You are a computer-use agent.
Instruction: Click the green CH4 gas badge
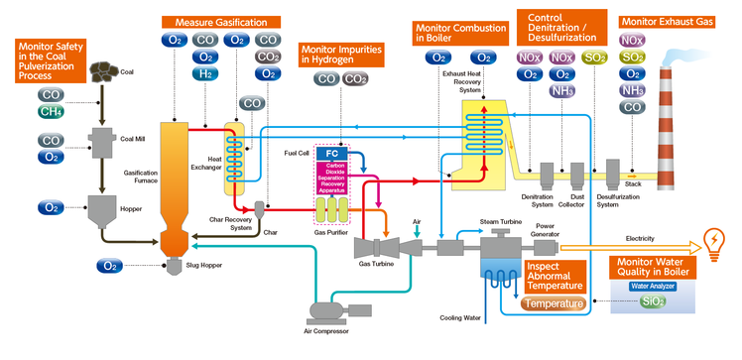[x=51, y=112]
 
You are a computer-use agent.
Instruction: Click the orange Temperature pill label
[x=554, y=303]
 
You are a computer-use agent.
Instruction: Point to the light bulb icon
[x=714, y=242]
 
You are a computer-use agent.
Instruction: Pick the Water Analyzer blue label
[x=653, y=286]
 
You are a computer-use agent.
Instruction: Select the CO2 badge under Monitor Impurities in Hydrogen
[x=355, y=79]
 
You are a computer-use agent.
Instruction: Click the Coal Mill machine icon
[x=102, y=142]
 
